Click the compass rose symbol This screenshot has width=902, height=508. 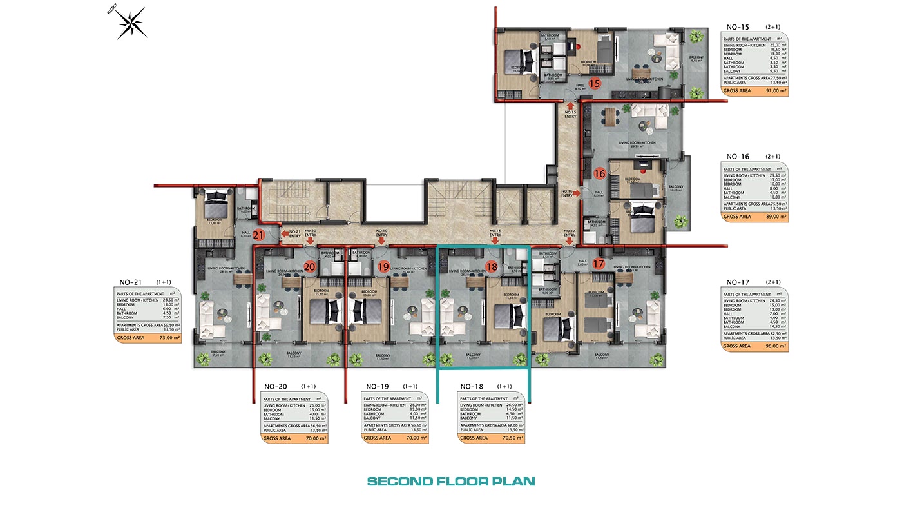pos(132,24)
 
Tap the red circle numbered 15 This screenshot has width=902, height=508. pos(594,83)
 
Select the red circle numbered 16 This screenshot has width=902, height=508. pos(599,173)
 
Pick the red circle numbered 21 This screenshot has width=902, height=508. pos(259,235)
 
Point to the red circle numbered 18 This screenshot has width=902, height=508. pos(492,267)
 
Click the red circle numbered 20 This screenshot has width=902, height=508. pos(309,267)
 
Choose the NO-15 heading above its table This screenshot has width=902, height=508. pos(738,27)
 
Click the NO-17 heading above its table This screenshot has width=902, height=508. pos(738,282)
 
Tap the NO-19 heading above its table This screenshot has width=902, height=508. pos(378,387)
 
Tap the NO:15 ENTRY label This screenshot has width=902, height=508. pos(570,114)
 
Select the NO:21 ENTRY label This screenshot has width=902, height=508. pos(294,234)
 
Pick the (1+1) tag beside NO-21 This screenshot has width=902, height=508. pos(164,282)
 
